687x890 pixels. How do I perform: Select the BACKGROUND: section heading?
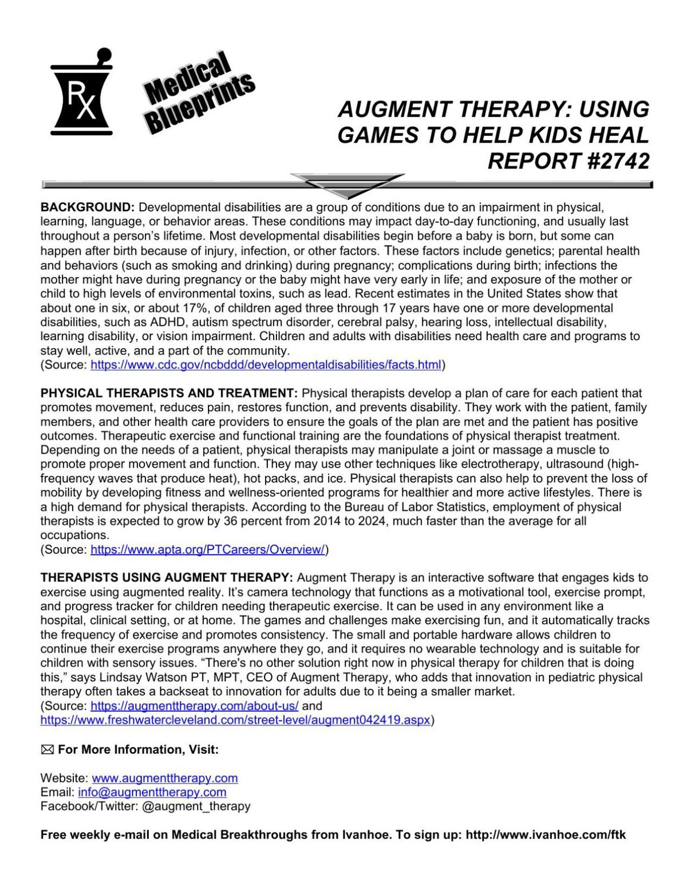(87, 207)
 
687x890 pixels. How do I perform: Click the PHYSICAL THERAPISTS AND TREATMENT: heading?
(169, 393)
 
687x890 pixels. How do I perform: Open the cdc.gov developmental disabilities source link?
(266, 365)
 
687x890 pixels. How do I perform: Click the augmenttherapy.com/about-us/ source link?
(195, 706)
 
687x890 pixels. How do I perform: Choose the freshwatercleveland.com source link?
(235, 720)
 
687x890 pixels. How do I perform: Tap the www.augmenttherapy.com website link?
(164, 778)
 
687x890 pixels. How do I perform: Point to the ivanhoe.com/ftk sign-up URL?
(546, 835)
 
